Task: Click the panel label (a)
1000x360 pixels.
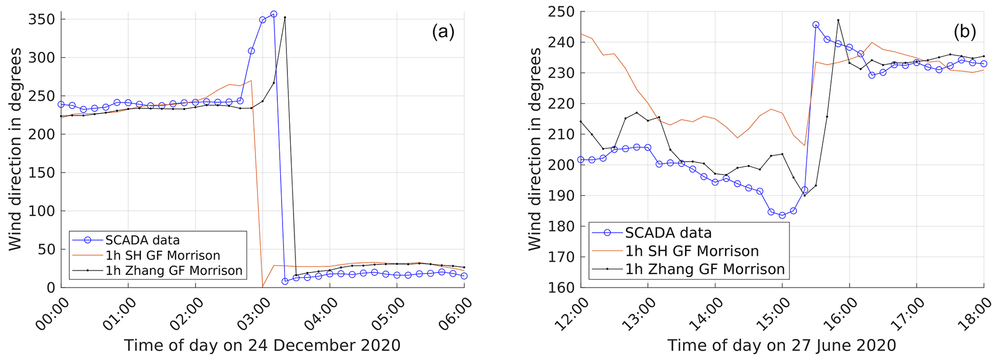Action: tap(443, 32)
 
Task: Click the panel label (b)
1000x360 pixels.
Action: tap(965, 32)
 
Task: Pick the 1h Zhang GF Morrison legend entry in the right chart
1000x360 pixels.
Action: tap(704, 269)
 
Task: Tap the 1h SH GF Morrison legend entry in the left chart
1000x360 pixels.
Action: tap(163, 255)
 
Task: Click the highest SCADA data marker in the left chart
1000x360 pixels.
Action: tap(273, 15)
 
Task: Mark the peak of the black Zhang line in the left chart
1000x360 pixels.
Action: tap(284, 17)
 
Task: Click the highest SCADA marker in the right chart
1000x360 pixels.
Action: tap(816, 25)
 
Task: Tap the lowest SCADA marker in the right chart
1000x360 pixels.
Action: tap(782, 215)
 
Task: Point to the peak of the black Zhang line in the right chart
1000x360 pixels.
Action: tap(838, 20)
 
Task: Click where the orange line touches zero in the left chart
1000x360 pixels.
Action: tap(262, 287)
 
